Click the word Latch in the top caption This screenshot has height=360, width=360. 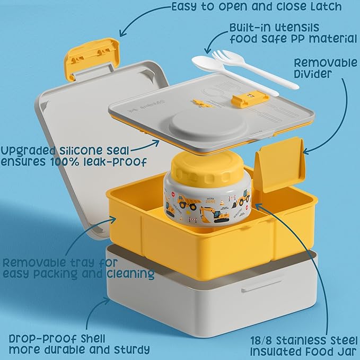tap(326, 6)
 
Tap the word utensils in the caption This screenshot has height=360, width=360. tap(297, 28)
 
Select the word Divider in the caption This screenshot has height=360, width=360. tap(313, 74)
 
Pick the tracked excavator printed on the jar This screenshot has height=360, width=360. tap(215, 215)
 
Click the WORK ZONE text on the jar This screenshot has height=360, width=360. tap(210, 200)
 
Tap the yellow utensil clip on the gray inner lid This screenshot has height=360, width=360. tap(250, 98)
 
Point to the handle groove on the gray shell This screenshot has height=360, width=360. tap(262, 286)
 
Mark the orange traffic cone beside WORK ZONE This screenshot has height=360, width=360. tap(222, 203)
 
